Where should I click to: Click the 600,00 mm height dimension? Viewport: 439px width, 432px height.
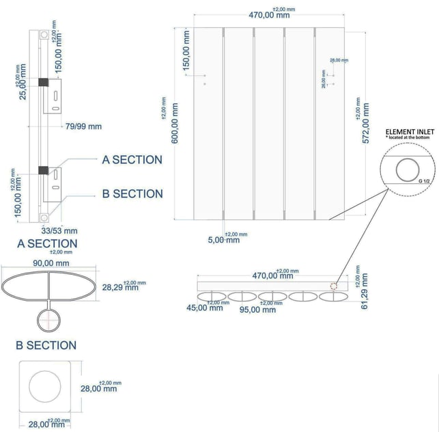click(x=175, y=122)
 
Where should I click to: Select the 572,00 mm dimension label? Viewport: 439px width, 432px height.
click(x=365, y=122)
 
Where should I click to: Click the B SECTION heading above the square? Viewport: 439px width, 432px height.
click(x=46, y=345)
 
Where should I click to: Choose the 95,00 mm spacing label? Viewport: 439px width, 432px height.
click(x=259, y=309)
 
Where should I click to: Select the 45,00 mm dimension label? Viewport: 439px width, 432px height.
click(x=206, y=308)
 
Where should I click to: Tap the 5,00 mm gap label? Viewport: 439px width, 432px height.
click(x=223, y=240)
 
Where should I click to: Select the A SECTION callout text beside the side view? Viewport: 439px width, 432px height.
click(x=132, y=160)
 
